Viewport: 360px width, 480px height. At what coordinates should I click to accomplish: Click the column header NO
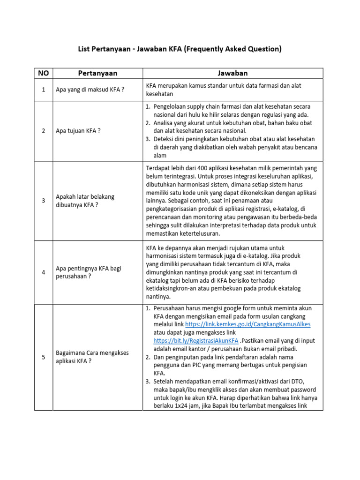pyautogui.click(x=44, y=73)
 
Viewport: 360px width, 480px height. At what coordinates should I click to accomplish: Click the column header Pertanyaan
pyautogui.click(x=97, y=73)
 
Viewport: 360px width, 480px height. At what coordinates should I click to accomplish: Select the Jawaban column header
pyautogui.click(x=232, y=73)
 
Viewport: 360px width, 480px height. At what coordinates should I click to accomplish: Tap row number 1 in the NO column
pyautogui.click(x=44, y=90)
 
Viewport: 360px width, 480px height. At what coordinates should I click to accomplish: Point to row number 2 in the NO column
pyautogui.click(x=44, y=131)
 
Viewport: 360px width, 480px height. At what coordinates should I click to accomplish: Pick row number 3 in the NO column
pyautogui.click(x=44, y=201)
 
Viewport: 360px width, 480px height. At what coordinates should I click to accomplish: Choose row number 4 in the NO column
pyautogui.click(x=44, y=272)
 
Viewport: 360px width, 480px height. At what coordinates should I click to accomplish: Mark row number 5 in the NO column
pyautogui.click(x=44, y=357)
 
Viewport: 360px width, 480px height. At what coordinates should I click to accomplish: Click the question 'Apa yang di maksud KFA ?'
pyautogui.click(x=90, y=90)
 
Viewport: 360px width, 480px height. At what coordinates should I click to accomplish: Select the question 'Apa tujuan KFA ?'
pyautogui.click(x=78, y=131)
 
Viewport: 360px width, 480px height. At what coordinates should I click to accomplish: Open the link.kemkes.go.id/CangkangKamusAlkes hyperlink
pyautogui.click(x=248, y=324)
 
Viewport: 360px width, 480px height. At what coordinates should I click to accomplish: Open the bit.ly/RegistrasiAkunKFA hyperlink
pyautogui.click(x=196, y=341)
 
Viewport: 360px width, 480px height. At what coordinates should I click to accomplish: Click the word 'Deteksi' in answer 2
pyautogui.click(x=164, y=139)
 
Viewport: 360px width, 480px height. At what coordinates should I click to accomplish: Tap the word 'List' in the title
pyautogui.click(x=85, y=49)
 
